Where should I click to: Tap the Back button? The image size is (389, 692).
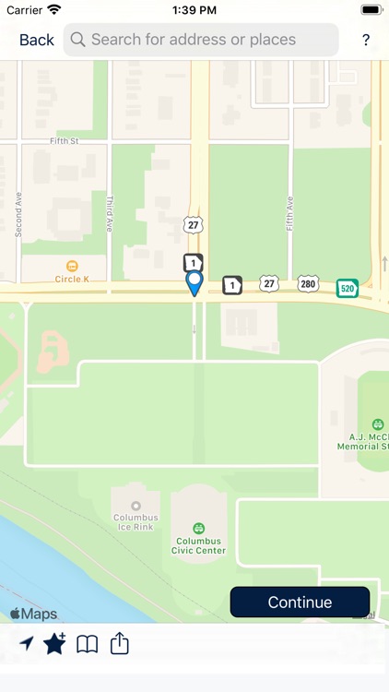(x=36, y=40)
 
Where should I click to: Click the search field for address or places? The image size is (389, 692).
(x=201, y=40)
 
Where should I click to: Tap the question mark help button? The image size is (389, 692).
(x=365, y=41)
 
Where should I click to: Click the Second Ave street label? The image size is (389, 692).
(x=18, y=214)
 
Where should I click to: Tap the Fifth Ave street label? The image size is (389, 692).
(x=289, y=213)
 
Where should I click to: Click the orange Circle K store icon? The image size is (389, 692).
(x=72, y=267)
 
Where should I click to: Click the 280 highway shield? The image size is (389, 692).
(x=307, y=283)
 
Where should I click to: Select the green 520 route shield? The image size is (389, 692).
(x=347, y=288)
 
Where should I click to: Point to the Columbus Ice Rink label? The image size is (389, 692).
(x=136, y=523)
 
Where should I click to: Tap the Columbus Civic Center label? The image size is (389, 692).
(x=198, y=545)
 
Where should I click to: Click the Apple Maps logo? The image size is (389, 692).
(x=33, y=614)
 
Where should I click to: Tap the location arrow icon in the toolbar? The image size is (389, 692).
(x=26, y=644)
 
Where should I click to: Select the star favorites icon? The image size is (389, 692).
(x=54, y=644)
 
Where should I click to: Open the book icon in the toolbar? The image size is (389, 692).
(x=87, y=644)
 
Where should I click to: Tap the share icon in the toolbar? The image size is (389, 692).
(x=120, y=643)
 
